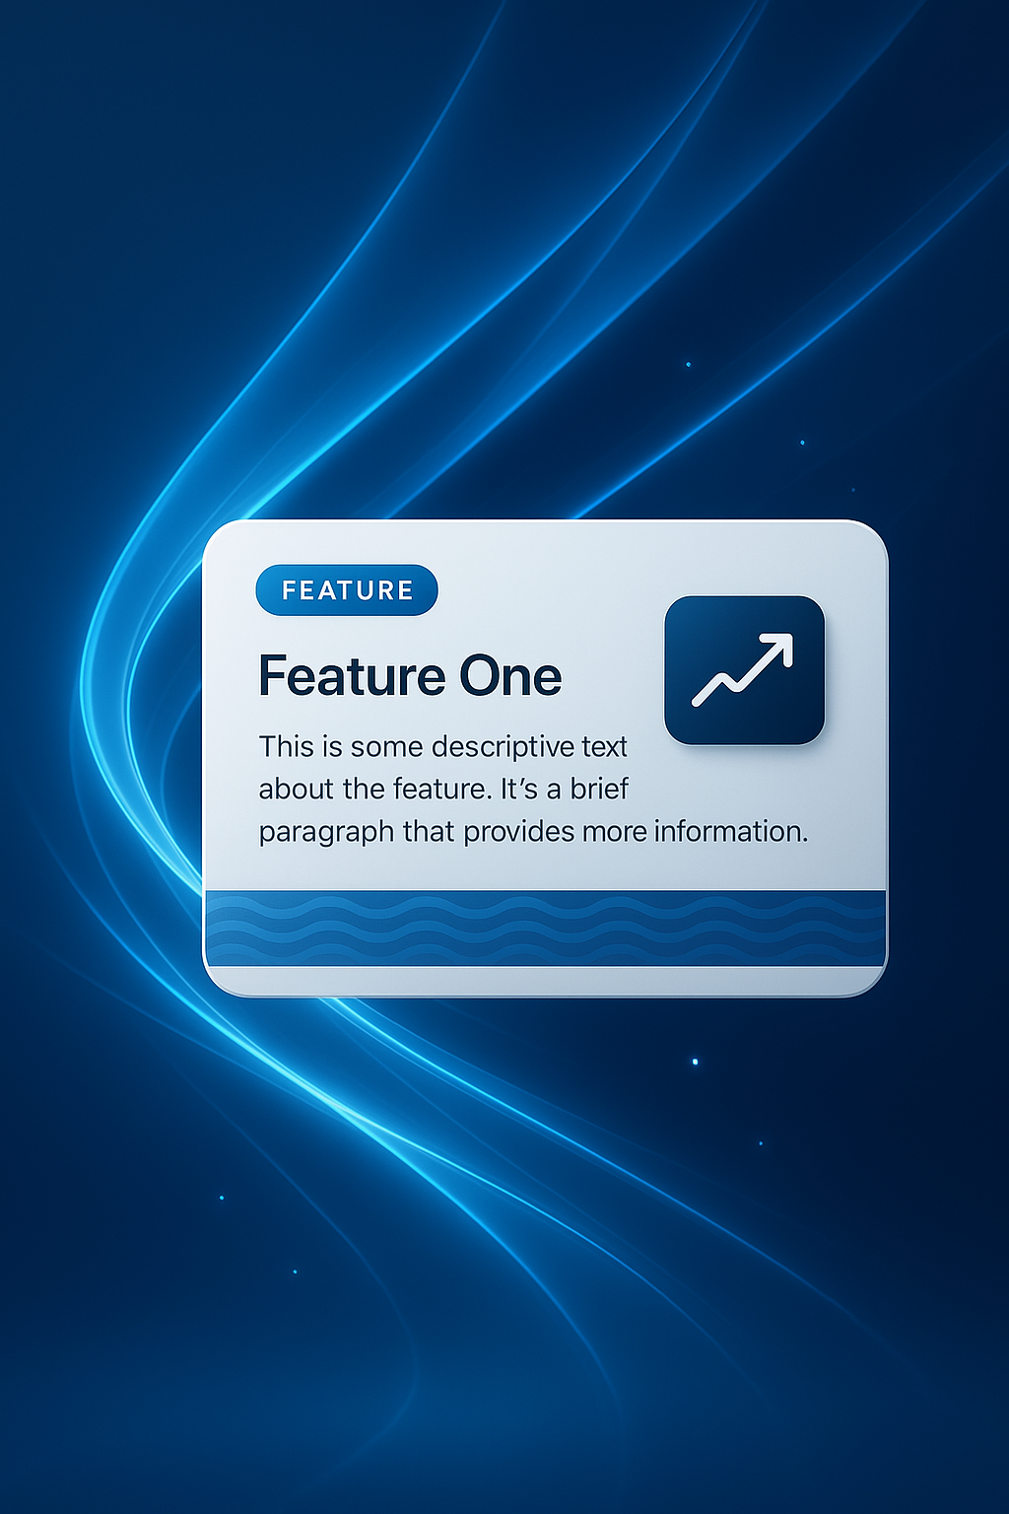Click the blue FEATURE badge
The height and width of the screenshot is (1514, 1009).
coord(346,590)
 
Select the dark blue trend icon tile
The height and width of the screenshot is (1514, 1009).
coord(744,669)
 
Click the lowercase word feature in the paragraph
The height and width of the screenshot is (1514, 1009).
coord(440,790)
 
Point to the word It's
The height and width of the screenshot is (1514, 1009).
coord(519,790)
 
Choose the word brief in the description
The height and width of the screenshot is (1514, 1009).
coord(599,790)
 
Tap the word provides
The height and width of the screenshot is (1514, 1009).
coord(519,833)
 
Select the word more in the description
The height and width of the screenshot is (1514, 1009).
coord(614,833)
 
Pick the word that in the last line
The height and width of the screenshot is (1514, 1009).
coord(429,833)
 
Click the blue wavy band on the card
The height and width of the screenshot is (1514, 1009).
coord(545,928)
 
